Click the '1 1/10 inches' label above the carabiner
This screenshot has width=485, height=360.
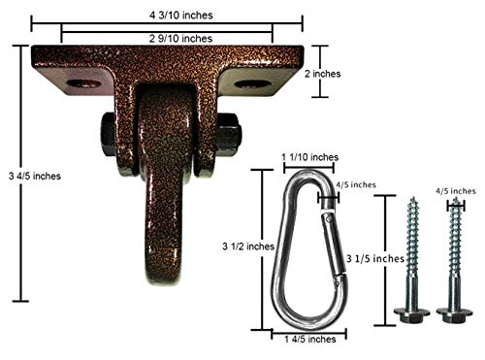[309, 157]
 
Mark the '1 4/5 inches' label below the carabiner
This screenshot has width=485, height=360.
[307, 339]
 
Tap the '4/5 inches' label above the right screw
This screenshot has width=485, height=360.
[457, 192]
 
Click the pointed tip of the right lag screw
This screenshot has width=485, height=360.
[455, 202]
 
